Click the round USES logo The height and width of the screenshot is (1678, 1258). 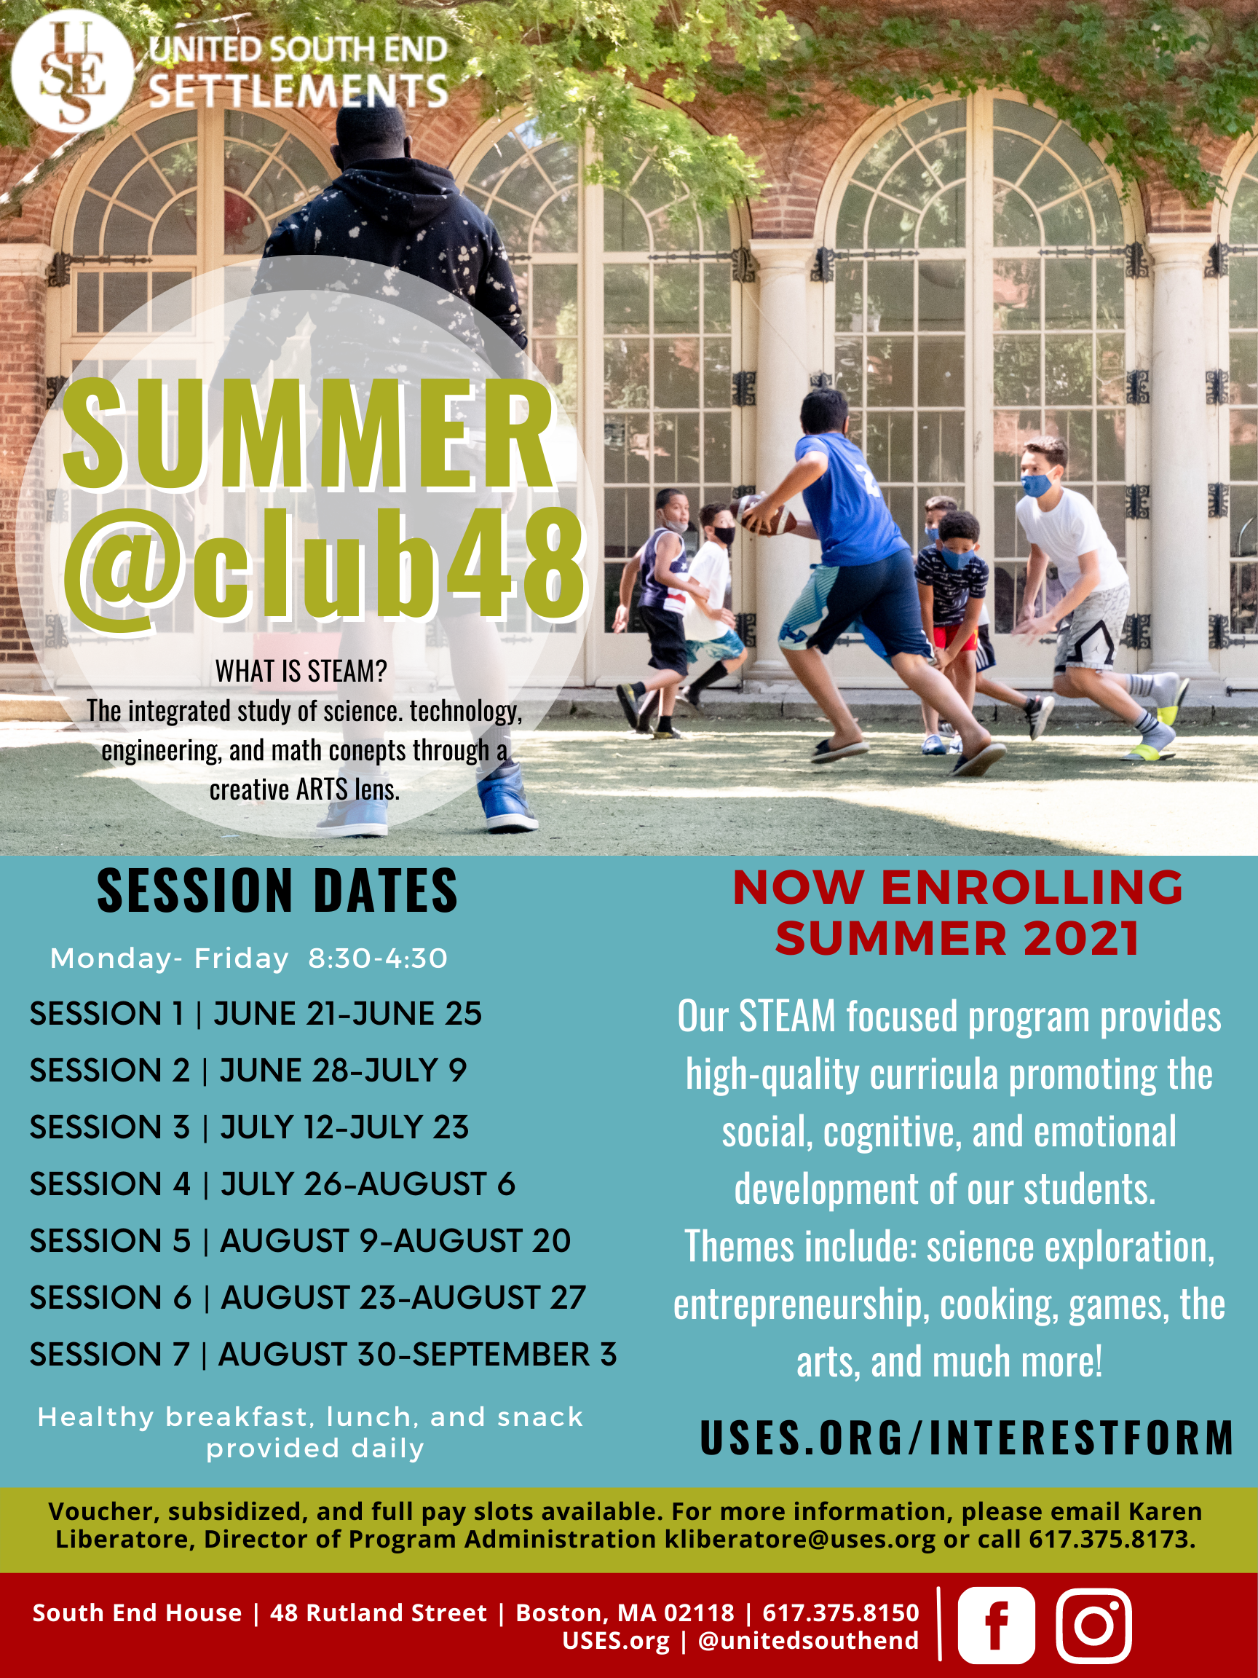point(73,71)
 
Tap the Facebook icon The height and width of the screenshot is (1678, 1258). point(996,1625)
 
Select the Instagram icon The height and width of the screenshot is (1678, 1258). point(1093,1625)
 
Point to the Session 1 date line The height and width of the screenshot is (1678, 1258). point(256,1014)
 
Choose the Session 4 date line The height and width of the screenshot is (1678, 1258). point(272,1184)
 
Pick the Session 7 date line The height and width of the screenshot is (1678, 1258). point(323,1354)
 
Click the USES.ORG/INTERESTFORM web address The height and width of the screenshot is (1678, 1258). point(967,1438)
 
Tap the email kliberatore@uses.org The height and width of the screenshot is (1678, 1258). point(800,1540)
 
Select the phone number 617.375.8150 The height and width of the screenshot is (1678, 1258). point(840,1612)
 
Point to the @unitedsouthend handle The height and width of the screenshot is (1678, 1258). point(808,1641)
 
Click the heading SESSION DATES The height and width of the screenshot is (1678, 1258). point(277,891)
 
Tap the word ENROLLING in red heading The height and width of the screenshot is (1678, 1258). point(1032,887)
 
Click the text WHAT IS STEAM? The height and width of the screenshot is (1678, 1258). point(301,671)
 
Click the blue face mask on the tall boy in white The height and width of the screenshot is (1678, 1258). point(1037,484)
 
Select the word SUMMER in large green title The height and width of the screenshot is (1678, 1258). point(309,433)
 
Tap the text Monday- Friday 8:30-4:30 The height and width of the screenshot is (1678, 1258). point(249,959)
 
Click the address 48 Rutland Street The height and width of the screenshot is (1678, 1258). point(379,1612)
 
